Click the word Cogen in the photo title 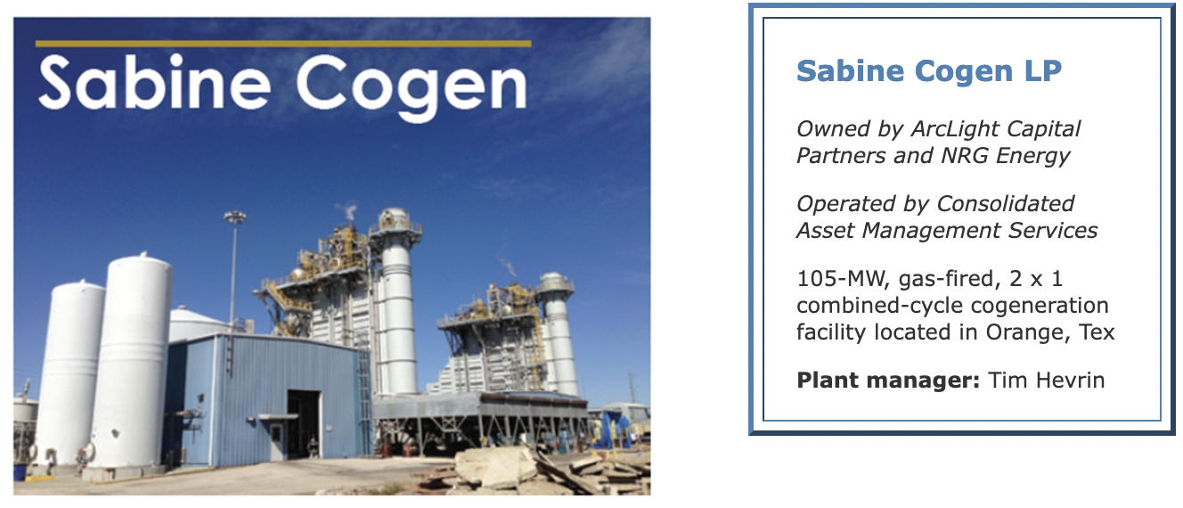[412, 87]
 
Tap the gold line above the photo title [283, 44]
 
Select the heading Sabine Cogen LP [928, 70]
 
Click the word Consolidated [1005, 203]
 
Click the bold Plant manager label [888, 380]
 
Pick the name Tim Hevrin [1046, 380]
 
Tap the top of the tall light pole [234, 217]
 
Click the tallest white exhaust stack [397, 301]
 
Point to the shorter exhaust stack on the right [558, 334]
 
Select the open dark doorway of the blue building [304, 423]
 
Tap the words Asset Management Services [947, 231]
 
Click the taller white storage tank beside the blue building [135, 365]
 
